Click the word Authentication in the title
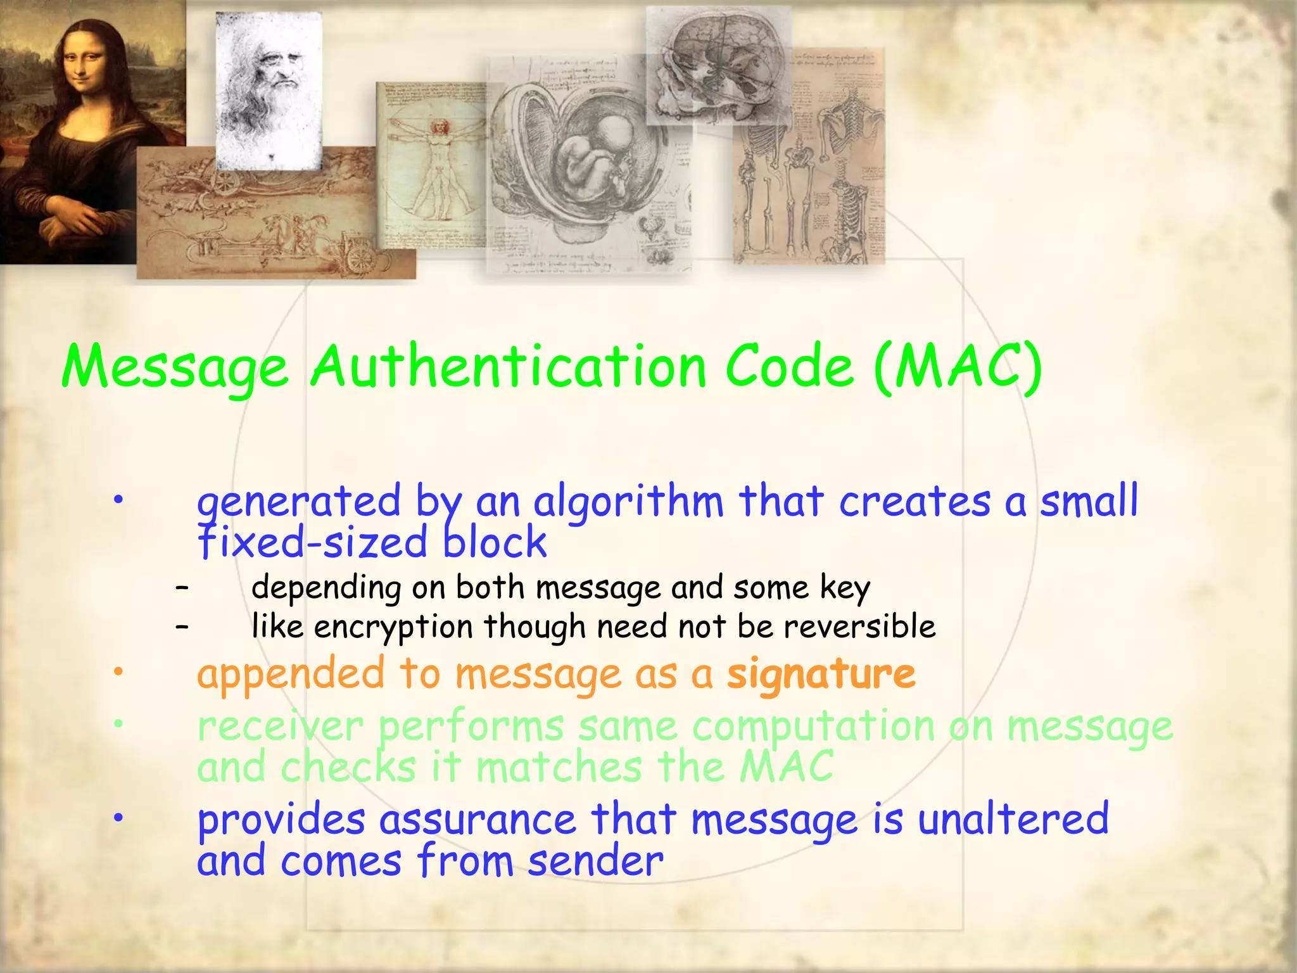click(x=509, y=367)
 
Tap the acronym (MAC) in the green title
click(x=957, y=367)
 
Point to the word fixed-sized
click(x=313, y=543)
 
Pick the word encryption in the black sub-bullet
click(x=393, y=627)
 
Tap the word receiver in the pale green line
click(x=281, y=726)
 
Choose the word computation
click(x=813, y=726)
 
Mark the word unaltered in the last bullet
click(x=1013, y=818)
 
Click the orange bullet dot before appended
click(x=117, y=673)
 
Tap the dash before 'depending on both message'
click(x=182, y=588)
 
